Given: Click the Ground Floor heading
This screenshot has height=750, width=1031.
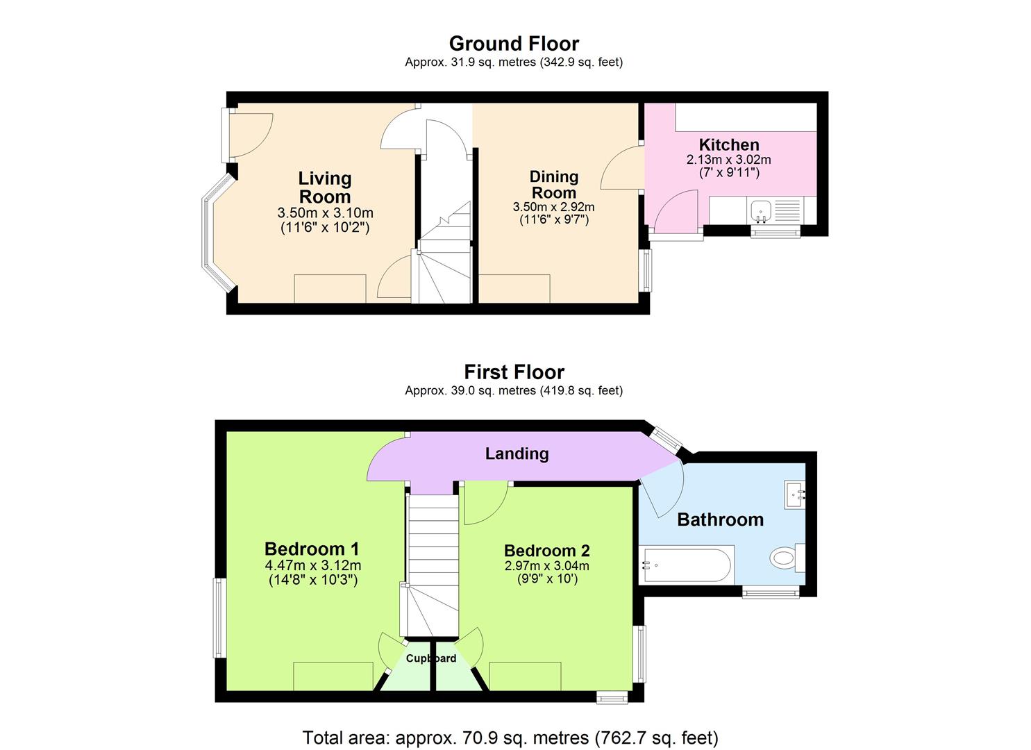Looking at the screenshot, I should pos(514,44).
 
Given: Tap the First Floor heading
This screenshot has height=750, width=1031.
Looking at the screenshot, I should pos(514,372).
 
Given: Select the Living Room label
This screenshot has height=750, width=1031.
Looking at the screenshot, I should pos(325,187).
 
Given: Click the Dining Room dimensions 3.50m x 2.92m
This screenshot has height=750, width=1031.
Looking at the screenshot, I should pos(553,207).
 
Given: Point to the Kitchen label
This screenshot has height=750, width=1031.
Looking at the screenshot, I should pos(729,145).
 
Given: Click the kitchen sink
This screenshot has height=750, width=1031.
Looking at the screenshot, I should pos(762,209).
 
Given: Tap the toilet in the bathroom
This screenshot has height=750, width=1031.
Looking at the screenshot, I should pos(785,557).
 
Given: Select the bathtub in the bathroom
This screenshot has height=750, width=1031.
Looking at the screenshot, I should pos(686,565).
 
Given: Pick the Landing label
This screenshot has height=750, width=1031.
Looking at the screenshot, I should pos(517,453).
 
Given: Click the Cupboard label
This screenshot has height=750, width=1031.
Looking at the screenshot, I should pos(431,658).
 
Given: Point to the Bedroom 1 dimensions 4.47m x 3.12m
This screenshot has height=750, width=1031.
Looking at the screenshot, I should pos(312,565).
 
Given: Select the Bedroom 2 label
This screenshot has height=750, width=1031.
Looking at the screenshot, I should pos(547,551).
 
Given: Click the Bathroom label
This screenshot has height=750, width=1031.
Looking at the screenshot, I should pos(720,519).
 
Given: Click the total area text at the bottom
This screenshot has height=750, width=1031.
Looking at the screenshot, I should pos(510,737).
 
